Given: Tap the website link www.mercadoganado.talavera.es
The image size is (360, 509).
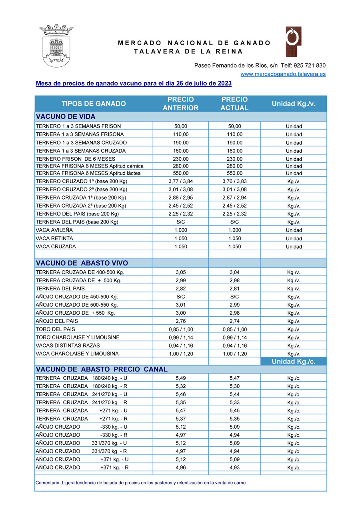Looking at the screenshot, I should click(x=283, y=74).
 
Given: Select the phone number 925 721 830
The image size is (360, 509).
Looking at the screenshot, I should click(x=310, y=66).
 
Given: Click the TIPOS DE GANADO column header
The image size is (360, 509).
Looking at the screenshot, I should click(x=94, y=104).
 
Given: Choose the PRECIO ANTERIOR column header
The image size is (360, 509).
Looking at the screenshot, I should click(x=180, y=104).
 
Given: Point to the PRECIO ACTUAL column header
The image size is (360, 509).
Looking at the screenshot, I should click(x=234, y=104).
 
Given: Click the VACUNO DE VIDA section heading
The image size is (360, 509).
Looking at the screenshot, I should click(x=66, y=117).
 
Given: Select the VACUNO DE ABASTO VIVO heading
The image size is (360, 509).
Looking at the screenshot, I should click(x=82, y=263).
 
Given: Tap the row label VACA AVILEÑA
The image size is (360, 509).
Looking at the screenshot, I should click(x=54, y=230).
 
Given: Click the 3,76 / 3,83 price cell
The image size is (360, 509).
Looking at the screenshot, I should click(x=234, y=182).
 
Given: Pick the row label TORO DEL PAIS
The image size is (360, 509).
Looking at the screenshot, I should click(x=55, y=329).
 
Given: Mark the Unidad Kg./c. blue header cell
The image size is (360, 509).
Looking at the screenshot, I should click(x=294, y=361).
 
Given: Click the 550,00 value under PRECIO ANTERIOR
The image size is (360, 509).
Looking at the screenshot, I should click(x=181, y=174).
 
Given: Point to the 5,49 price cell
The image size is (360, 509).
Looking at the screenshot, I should click(x=181, y=378).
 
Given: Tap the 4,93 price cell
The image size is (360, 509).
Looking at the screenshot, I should click(x=234, y=467).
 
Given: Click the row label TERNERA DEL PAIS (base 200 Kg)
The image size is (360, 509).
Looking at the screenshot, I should click(x=77, y=222).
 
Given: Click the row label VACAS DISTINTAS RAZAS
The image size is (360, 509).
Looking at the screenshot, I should click(x=68, y=345).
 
